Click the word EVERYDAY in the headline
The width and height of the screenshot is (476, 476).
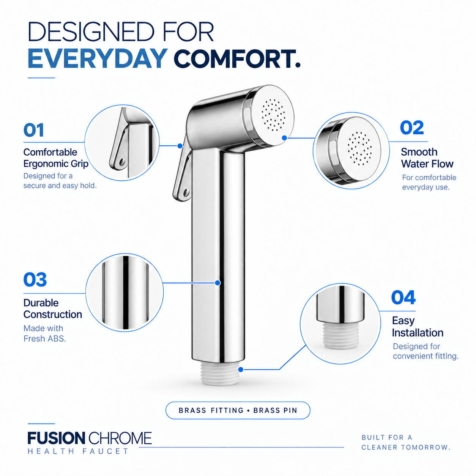97,58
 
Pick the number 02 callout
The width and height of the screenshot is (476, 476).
412,128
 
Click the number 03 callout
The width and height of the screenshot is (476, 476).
35,280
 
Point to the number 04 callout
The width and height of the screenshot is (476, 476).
403,298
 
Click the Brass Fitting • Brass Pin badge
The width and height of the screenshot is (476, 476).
238,410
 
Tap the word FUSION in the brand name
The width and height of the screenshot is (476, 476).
56,438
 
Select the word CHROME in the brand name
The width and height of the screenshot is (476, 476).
120,438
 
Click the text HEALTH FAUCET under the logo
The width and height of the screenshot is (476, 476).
78,451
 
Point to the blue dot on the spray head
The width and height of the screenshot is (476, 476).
284,138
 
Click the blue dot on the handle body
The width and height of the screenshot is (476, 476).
218,283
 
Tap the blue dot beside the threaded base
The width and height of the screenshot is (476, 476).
241,370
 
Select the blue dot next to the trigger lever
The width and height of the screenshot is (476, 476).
180,146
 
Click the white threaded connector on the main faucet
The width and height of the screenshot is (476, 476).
220,374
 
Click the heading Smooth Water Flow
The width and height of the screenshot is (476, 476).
427,158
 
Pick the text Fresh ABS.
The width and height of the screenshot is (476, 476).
45,339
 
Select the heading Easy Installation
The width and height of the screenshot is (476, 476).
418,326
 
